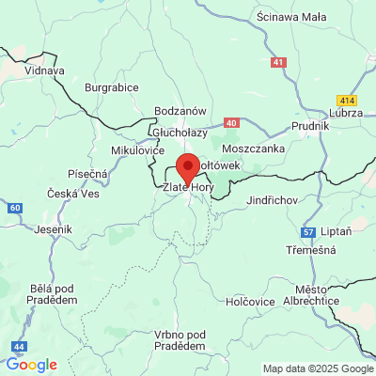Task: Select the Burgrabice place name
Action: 111,87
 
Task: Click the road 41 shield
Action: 277,62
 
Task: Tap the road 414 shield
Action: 347,99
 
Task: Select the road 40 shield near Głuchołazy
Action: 231,123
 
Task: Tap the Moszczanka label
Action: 254,149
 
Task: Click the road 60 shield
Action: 13,207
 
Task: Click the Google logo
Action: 31,365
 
